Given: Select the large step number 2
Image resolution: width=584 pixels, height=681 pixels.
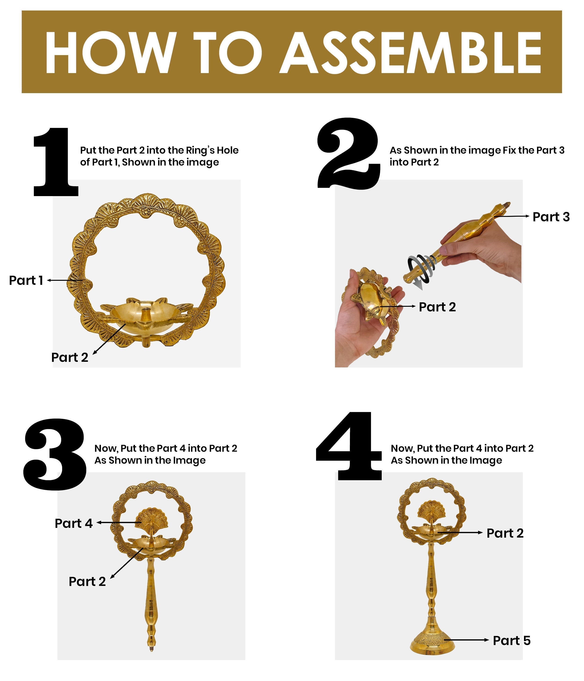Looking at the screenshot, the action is (x=349, y=153).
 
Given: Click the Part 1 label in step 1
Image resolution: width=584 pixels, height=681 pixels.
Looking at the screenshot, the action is (x=26, y=280).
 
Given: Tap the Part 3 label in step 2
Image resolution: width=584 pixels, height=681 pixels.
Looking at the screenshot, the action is (x=551, y=217).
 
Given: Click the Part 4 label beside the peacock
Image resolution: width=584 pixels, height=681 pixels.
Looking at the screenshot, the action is (x=74, y=523).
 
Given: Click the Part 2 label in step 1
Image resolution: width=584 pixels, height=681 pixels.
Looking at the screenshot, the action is (x=70, y=357).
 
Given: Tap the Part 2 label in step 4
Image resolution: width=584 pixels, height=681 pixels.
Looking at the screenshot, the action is (x=505, y=533).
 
